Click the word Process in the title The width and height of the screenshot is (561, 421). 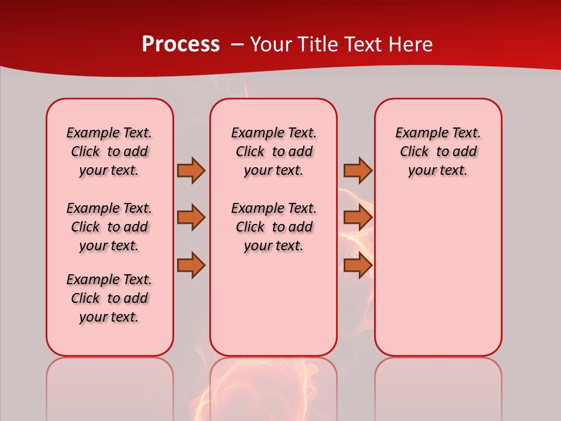click(181, 44)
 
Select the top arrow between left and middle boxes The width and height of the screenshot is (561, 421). click(191, 170)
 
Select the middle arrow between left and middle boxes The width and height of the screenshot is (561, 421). click(191, 218)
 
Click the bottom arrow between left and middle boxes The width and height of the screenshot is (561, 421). click(191, 265)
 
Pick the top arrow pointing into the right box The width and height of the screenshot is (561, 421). click(358, 170)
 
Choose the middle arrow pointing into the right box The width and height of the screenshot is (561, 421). click(358, 218)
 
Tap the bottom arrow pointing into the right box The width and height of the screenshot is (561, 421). click(358, 265)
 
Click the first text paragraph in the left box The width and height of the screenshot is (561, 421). click(109, 151)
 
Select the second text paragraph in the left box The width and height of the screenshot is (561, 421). click(109, 227)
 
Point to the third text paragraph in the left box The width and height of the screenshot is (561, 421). click(109, 298)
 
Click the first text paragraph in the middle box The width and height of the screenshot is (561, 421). click(273, 151)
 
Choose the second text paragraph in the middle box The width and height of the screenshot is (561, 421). click(273, 227)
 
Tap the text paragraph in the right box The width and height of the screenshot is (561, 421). click(438, 151)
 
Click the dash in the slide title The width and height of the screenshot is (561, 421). click(238, 44)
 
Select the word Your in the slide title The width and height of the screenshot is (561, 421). click(272, 44)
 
